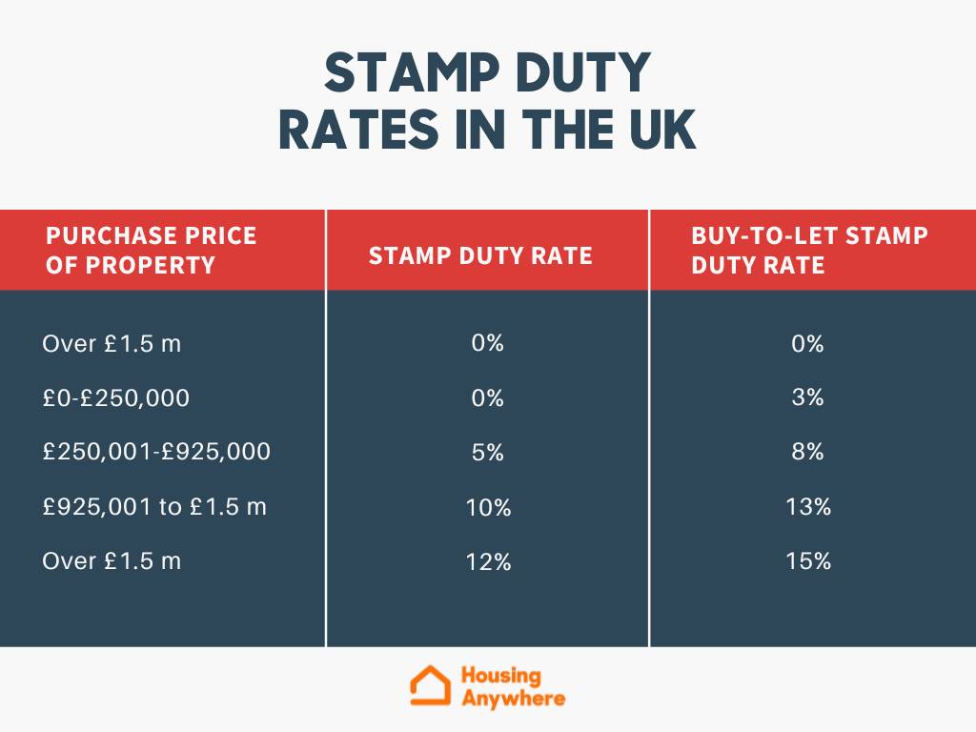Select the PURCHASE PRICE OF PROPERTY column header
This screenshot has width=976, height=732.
point(152,250)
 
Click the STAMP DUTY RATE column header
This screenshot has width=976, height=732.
point(480,255)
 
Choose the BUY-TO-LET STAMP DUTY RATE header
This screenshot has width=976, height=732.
point(809,250)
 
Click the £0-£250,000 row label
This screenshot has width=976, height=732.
point(115,397)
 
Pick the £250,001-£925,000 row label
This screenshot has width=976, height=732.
point(156,452)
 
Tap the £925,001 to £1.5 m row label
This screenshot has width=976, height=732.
point(154,507)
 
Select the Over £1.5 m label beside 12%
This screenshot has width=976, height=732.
point(112,561)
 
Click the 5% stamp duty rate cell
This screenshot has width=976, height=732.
point(487,453)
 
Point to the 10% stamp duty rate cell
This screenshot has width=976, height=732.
point(489,508)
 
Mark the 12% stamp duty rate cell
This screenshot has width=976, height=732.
point(489,562)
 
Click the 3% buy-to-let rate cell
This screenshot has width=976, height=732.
point(807,397)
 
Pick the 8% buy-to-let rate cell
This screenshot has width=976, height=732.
point(807,452)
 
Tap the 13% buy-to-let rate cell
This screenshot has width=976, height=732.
point(809,507)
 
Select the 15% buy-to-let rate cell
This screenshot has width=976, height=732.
point(809,561)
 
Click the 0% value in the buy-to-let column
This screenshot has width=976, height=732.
point(807,343)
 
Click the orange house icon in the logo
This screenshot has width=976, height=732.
point(430,686)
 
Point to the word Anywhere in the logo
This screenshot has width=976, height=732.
point(513,699)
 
